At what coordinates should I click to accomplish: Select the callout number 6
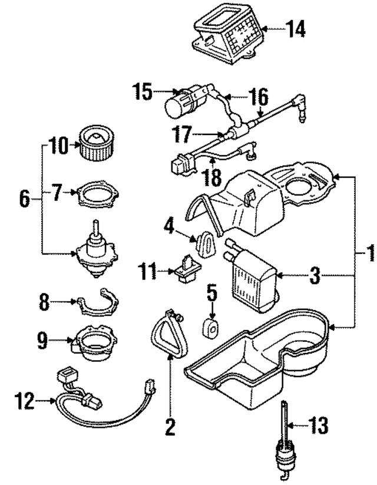(x=24, y=198)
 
